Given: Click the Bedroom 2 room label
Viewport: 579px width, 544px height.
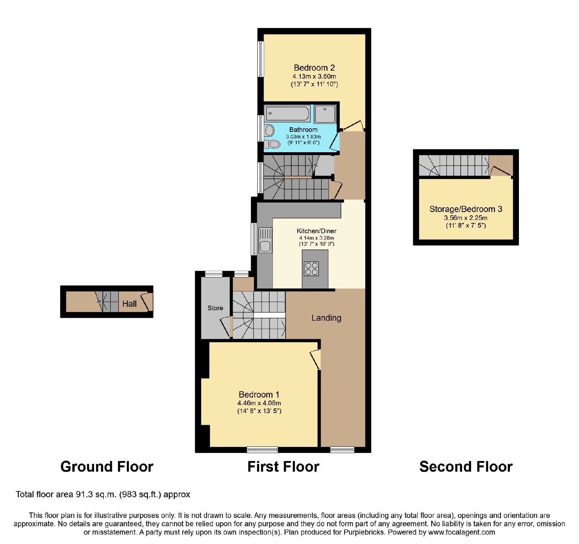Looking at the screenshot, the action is point(314,68).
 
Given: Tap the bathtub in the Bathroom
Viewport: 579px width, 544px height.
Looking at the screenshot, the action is point(288,113).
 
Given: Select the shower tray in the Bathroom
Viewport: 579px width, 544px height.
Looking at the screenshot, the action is point(325,114).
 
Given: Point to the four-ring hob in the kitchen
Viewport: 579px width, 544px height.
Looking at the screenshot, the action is point(311,269).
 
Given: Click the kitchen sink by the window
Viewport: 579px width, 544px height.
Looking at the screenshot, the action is point(265,240).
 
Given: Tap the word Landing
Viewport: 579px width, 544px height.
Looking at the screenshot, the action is point(326,318).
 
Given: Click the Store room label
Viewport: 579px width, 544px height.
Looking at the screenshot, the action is point(215,308).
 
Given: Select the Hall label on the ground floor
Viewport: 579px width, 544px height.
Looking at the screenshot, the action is point(130,304).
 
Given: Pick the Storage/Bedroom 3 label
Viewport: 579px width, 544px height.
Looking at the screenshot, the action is point(466,209).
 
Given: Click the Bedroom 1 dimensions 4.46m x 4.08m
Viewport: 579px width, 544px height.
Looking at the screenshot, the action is point(259,403).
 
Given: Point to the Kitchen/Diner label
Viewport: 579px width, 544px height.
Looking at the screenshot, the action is point(317,231).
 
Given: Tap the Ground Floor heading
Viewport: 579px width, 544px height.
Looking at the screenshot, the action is point(107,466).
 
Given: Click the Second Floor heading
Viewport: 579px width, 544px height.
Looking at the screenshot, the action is point(466,466).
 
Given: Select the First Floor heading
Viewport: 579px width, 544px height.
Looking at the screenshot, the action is point(283,466).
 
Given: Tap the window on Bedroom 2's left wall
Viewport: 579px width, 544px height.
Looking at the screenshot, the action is point(261,59).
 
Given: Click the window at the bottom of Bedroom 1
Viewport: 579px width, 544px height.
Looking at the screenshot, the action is point(262,450).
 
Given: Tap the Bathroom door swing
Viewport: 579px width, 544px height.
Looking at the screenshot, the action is point(334,141).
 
